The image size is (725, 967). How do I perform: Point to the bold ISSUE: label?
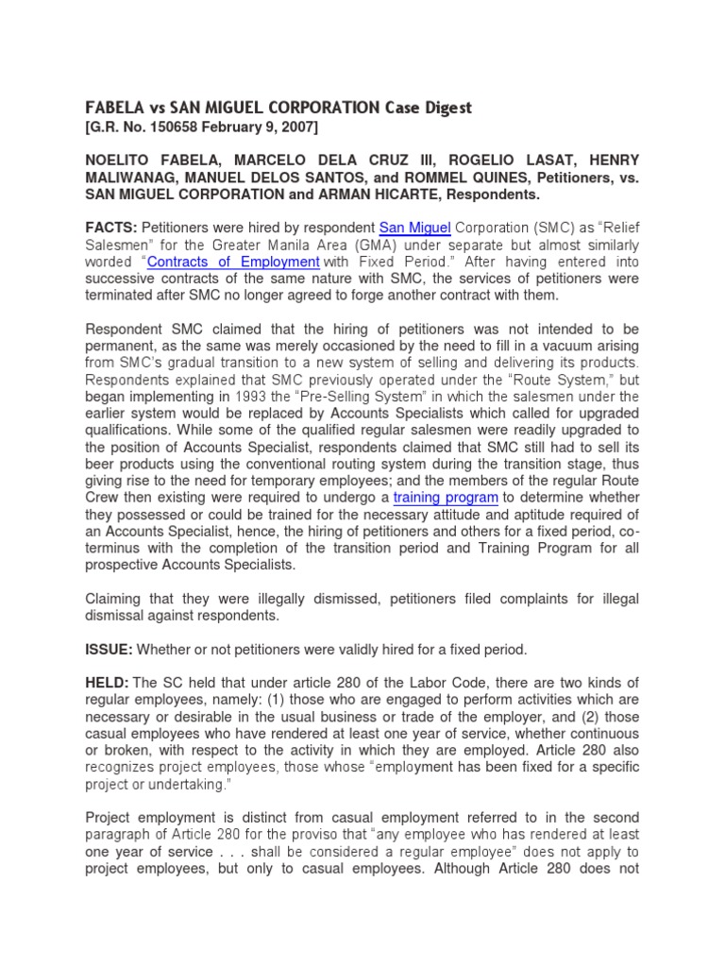click(110, 650)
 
